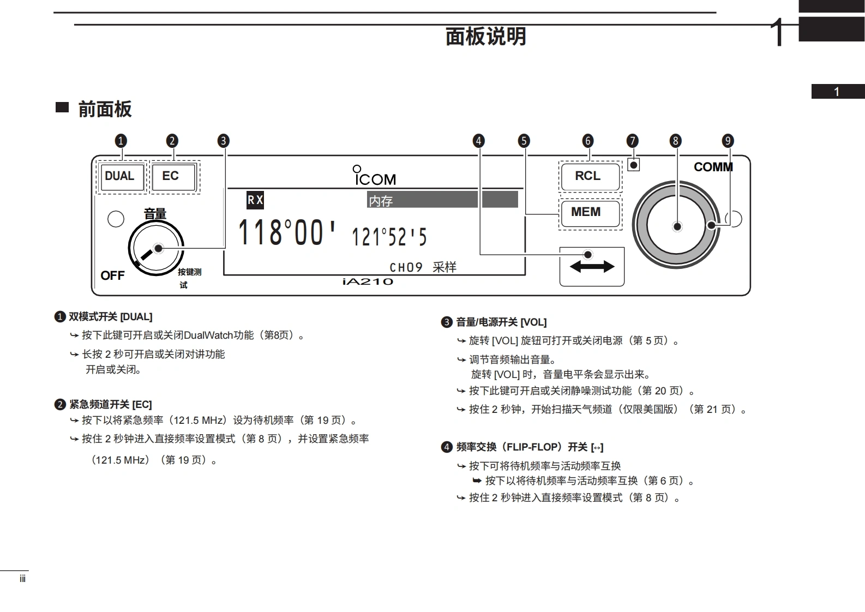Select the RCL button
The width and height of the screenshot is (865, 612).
tap(590, 176)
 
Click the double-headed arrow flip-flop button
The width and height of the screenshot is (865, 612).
tap(591, 266)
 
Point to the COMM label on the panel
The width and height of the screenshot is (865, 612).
tap(712, 167)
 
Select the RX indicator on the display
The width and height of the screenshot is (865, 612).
tap(255, 200)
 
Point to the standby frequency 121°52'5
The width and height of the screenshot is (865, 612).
tap(389, 237)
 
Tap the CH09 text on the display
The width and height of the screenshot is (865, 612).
tap(406, 267)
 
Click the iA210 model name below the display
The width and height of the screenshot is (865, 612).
tap(368, 281)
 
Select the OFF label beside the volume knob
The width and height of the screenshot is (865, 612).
tap(112, 275)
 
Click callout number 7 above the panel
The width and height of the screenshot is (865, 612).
tap(632, 141)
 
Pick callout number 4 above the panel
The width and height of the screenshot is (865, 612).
tap(478, 141)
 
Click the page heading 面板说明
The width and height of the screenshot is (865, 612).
tap(485, 37)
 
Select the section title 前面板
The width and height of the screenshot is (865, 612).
tap(105, 109)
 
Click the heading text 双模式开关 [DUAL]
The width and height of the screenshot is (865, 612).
tap(110, 317)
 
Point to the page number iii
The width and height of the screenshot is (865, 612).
tap(22, 579)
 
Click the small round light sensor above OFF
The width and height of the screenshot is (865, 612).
tap(116, 219)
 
